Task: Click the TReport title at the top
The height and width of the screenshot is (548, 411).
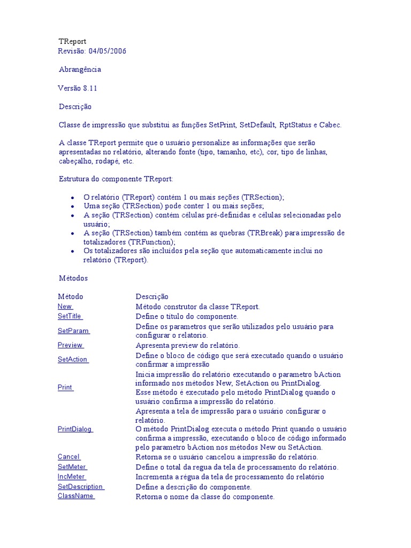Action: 72,41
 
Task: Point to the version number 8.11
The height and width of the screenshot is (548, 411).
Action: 90,88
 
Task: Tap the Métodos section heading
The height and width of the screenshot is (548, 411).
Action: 73,278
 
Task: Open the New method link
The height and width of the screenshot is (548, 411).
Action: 65,307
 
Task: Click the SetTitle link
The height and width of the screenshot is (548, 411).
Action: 70,316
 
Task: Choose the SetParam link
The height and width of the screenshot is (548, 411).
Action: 73,331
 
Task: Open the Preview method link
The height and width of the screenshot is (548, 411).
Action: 70,345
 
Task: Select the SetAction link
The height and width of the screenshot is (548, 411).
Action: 73,360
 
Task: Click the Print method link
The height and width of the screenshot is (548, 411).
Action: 65,387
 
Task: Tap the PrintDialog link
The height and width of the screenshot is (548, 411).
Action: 75,429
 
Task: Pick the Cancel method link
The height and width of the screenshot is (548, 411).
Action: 68,457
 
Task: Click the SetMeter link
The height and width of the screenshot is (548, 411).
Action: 72,467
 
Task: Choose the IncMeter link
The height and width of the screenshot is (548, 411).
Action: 71,477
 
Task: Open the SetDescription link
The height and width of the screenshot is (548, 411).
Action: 80,487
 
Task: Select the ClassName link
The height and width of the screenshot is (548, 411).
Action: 75,496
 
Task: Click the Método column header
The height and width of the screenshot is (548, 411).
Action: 71,296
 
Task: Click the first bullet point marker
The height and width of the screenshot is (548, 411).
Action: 72,197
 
